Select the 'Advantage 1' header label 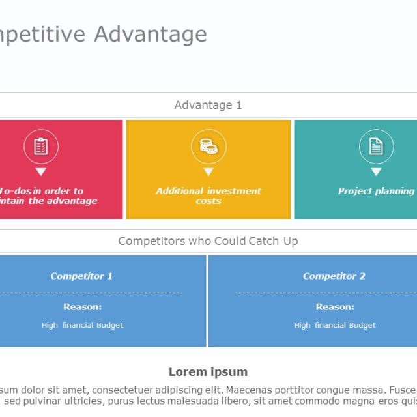[208, 105]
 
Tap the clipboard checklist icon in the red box [41, 146]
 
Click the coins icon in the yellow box [208, 146]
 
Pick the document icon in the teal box [376, 146]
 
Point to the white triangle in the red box [41, 172]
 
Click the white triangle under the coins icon [208, 172]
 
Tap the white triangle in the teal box [376, 172]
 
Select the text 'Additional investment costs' [208, 195]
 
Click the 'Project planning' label [376, 191]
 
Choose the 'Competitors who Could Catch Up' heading [208, 241]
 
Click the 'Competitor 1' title [81, 276]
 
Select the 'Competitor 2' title [334, 276]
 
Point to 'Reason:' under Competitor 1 [82, 306]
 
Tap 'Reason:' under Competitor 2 [335, 306]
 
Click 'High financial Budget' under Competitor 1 [82, 325]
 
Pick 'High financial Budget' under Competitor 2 [335, 325]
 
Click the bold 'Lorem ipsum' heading [208, 372]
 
